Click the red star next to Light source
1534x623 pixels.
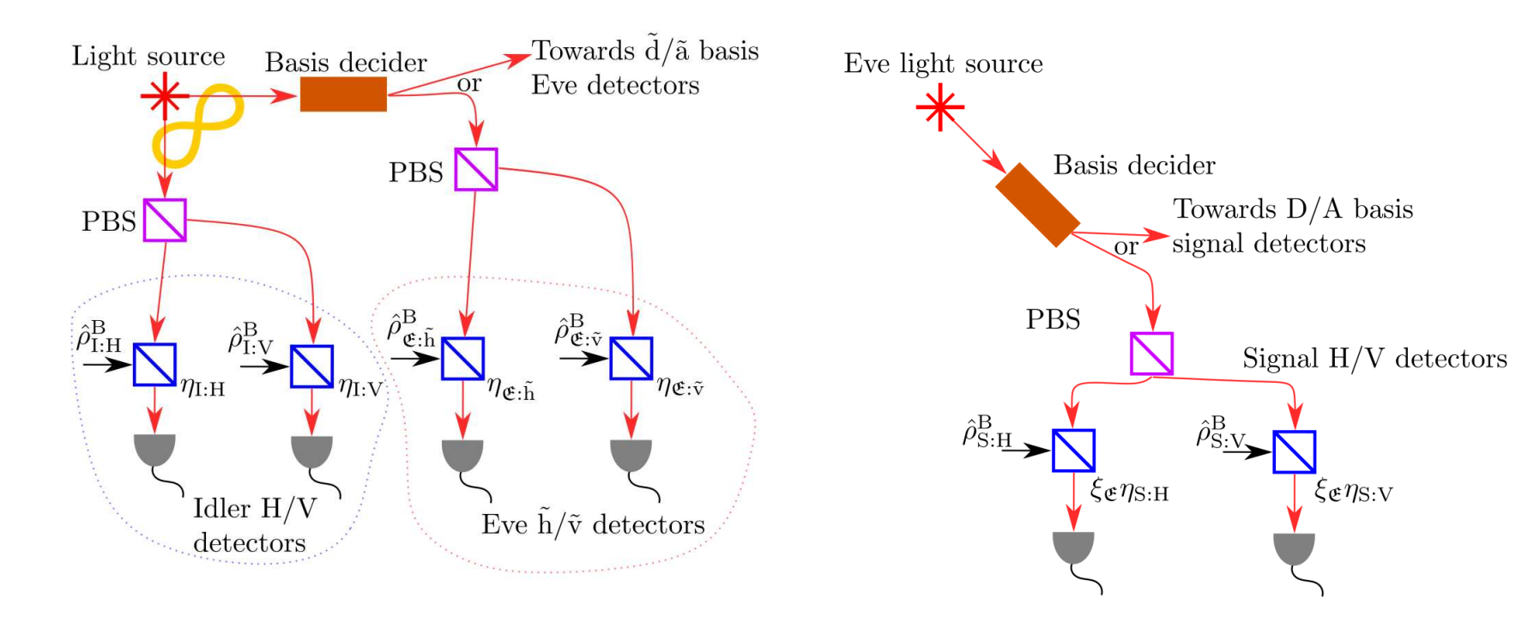pyautogui.click(x=164, y=96)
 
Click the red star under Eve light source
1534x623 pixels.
pyautogui.click(x=939, y=107)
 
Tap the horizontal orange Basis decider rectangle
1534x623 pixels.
pyautogui.click(x=343, y=94)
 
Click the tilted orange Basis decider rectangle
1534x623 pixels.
pyautogui.click(x=1037, y=205)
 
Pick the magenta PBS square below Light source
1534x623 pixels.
pyautogui.click(x=165, y=221)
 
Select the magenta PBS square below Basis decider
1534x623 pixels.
pyautogui.click(x=476, y=169)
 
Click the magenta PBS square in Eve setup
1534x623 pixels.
pyautogui.click(x=1151, y=354)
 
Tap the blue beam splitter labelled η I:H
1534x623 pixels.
pyautogui.click(x=154, y=365)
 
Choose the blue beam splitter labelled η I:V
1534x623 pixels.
pyautogui.click(x=311, y=366)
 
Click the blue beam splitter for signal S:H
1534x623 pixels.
pyautogui.click(x=1073, y=451)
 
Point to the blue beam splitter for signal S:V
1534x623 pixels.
pyautogui.click(x=1294, y=451)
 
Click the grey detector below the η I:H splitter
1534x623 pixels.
pyautogui.click(x=155, y=449)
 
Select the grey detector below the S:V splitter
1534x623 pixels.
pyautogui.click(x=1294, y=547)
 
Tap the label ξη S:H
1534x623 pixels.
pyautogui.click(x=1129, y=491)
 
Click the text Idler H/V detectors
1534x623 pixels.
pyautogui.click(x=252, y=524)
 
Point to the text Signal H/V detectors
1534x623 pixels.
pyautogui.click(x=1374, y=359)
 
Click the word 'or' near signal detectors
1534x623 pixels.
pyautogui.click(x=1126, y=247)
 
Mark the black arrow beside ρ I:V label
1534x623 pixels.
pyautogui.click(x=263, y=366)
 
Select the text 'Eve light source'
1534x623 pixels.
pyautogui.click(x=943, y=64)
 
